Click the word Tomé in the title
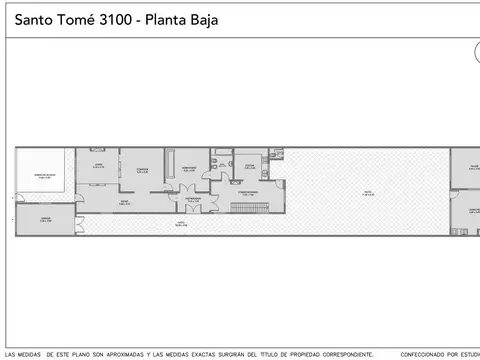click(70, 20)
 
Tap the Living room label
click(98, 166)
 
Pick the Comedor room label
click(143, 168)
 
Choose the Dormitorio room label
click(188, 168)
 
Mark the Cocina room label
click(249, 166)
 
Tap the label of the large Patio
click(368, 193)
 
